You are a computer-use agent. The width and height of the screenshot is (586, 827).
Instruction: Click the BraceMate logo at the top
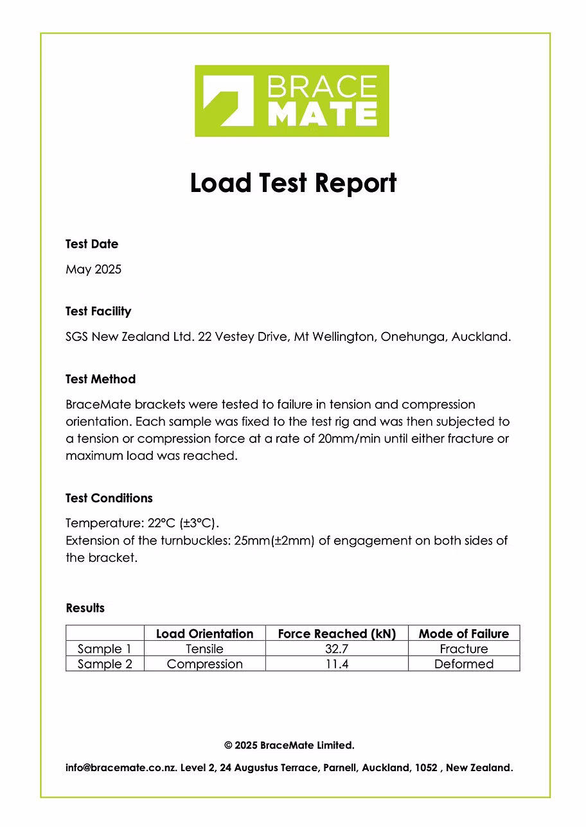(292, 101)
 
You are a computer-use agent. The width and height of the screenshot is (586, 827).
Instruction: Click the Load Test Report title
(293, 183)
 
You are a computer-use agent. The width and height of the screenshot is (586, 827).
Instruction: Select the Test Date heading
(92, 244)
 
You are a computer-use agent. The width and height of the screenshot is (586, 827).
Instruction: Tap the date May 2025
(93, 269)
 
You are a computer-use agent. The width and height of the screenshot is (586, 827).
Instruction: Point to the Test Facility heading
(98, 311)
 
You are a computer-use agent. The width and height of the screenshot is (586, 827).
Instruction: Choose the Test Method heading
(100, 379)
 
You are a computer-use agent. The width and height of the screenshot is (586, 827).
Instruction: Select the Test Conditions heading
(109, 498)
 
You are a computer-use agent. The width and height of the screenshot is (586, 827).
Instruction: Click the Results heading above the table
(85, 608)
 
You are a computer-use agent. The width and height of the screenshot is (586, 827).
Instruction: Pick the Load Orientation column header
(204, 634)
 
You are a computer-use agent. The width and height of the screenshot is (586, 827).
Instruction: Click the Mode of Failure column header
(463, 634)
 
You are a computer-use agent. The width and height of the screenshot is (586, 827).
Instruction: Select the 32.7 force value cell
(337, 649)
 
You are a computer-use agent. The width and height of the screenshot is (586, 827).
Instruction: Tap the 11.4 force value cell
(337, 664)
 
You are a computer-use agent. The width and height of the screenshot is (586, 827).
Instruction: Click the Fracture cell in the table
(463, 649)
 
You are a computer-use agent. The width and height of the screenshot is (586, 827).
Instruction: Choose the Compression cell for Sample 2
(204, 664)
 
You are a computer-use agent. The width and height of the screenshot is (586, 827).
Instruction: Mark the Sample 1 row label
(104, 649)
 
